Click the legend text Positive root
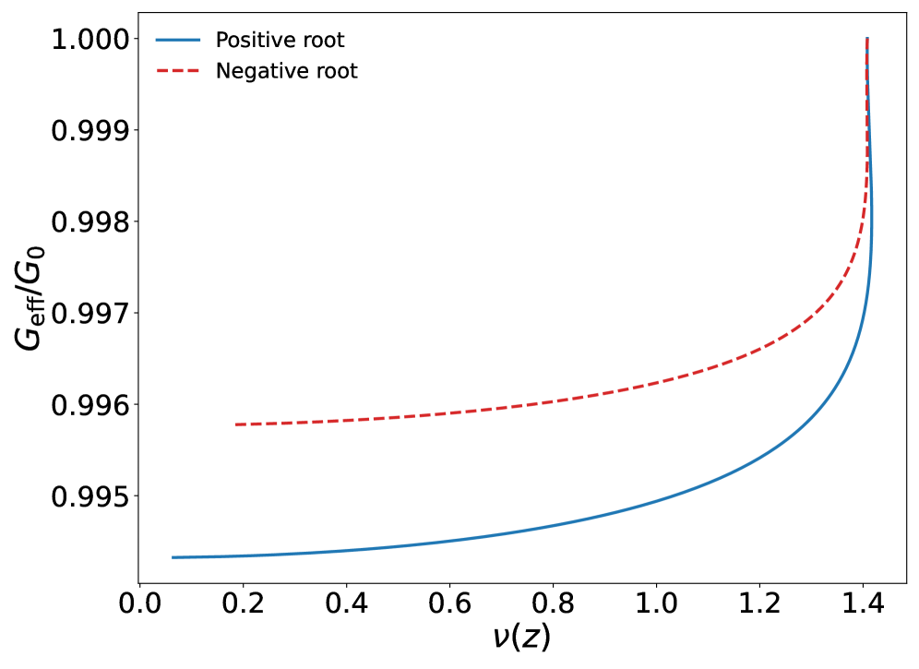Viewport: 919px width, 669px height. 280,41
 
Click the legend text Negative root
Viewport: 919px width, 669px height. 286,71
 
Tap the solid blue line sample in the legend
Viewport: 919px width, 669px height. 178,41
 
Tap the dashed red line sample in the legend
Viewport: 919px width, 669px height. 178,71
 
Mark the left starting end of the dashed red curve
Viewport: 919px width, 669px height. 236,424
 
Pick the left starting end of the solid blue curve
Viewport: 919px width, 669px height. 173,557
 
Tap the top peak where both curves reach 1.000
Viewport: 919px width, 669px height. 867,39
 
